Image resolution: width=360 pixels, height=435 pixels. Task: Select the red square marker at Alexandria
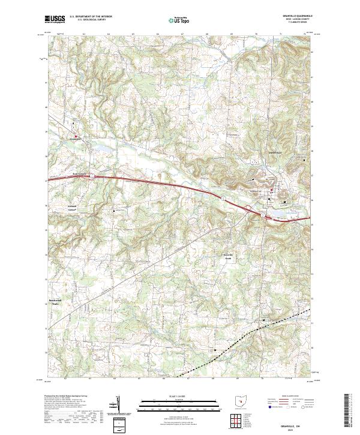[x=76, y=136]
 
